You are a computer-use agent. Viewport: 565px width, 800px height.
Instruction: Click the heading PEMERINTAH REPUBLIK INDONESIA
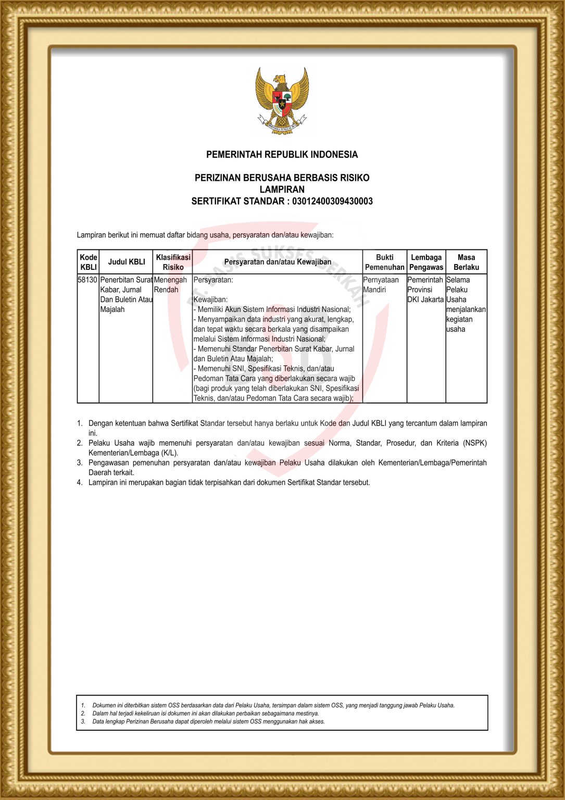coord(282,155)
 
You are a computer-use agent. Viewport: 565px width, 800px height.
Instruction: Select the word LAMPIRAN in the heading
coord(282,190)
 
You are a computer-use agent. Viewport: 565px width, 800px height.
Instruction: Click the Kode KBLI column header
coord(89,262)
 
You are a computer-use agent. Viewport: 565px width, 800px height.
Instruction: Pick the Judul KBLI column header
coord(127,262)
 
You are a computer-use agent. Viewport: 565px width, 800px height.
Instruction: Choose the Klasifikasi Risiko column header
coord(173,262)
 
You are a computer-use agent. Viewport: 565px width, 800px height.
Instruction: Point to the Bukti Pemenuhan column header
coord(384,262)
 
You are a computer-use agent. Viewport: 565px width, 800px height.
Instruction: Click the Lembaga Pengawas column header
coord(426,262)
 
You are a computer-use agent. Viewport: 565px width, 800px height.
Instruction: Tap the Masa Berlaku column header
coord(466,262)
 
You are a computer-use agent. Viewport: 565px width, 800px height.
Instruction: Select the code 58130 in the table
coord(87,280)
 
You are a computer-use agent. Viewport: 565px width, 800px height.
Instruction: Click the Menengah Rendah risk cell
coord(170,285)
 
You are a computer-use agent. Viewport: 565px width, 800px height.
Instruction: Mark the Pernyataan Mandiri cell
coord(381,285)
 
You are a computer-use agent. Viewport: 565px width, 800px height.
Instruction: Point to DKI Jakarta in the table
coord(425,300)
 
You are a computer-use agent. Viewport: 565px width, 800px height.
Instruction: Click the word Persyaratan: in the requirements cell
coord(213,280)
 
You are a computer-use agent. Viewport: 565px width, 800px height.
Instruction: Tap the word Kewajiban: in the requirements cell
coord(210,300)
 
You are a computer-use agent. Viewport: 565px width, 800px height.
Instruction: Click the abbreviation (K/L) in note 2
coord(170,453)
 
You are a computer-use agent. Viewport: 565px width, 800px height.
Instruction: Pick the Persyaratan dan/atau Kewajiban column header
coord(278,262)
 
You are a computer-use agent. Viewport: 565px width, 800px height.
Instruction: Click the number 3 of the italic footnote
coord(83,722)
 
